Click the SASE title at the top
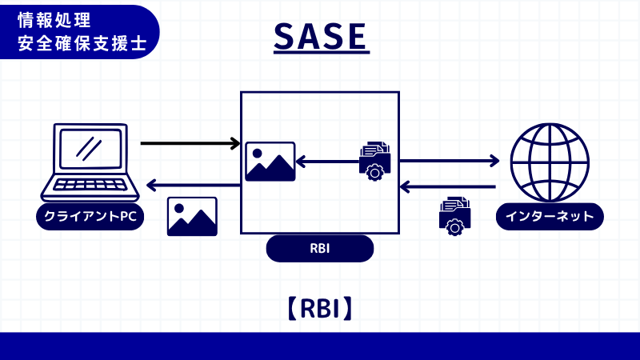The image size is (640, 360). (320, 36)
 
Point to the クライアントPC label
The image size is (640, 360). (90, 217)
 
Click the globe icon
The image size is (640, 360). (550, 162)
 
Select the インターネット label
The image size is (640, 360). (550, 217)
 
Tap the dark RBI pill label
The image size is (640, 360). (320, 249)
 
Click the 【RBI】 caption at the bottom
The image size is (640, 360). (320, 309)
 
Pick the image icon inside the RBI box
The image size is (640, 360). (270, 162)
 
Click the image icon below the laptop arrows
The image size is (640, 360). (192, 216)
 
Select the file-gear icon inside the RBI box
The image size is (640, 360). (374, 161)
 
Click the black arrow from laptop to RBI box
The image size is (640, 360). (190, 144)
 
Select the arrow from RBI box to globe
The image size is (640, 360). (449, 161)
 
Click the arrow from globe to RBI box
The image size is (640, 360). (447, 187)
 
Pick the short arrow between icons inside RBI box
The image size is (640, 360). (327, 162)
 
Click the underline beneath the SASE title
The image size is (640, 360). (320, 54)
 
